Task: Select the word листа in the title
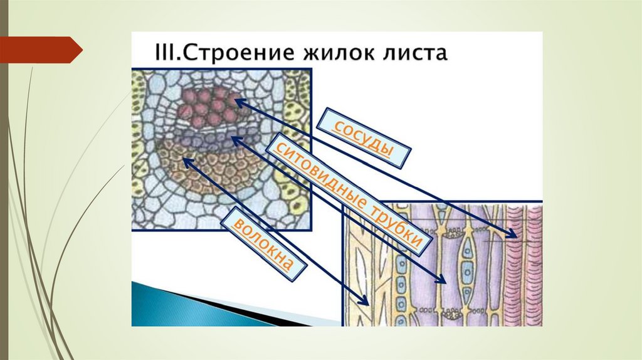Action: [413, 51]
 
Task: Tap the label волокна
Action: [264, 241]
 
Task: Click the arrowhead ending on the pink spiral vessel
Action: [513, 236]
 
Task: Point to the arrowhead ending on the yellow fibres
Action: [365, 301]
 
